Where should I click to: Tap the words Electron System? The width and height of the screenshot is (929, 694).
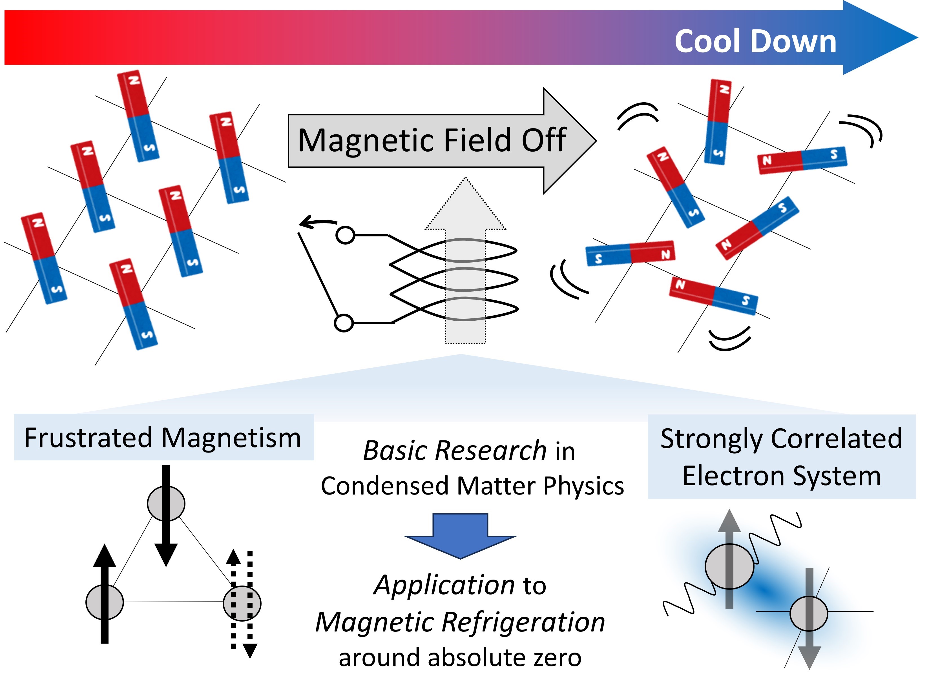pyautogui.click(x=782, y=476)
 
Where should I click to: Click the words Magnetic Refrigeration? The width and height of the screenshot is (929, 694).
pyautogui.click(x=460, y=622)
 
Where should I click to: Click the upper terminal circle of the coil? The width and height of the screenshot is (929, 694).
pyautogui.click(x=345, y=235)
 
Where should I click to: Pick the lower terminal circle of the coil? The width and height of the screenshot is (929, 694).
pyautogui.click(x=344, y=323)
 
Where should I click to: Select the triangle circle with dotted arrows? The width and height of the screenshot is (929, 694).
pyautogui.click(x=242, y=603)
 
